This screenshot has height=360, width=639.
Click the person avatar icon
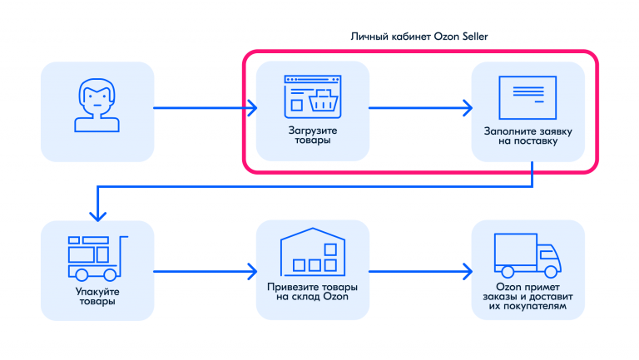pyautogui.click(x=97, y=105)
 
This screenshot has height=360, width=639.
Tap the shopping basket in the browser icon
pyautogui.click(x=324, y=100)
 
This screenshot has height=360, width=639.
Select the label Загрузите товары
pyautogui.click(x=313, y=136)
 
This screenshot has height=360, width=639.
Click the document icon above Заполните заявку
pyautogui.click(x=528, y=97)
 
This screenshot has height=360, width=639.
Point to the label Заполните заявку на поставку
pyautogui.click(x=528, y=136)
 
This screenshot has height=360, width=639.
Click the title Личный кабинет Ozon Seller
pyautogui.click(x=419, y=37)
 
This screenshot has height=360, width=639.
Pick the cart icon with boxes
pyautogui.click(x=98, y=259)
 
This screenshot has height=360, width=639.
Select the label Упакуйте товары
pyautogui.click(x=97, y=296)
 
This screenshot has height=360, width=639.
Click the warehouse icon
pyautogui.click(x=313, y=252)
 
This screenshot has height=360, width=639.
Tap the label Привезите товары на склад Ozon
pyautogui.click(x=313, y=292)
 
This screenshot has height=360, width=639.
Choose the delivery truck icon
pyautogui.click(x=528, y=255)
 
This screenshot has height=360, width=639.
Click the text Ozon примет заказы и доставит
pyautogui.click(x=528, y=292)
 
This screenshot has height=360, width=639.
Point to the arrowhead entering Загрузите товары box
pyautogui.click(x=253, y=108)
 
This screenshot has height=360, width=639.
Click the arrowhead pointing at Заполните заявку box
pyautogui.click(x=468, y=108)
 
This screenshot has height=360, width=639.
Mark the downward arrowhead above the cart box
pyautogui.click(x=98, y=216)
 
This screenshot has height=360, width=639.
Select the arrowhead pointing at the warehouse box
pyautogui.click(x=253, y=271)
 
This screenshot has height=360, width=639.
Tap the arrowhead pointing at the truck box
pyautogui.click(x=468, y=271)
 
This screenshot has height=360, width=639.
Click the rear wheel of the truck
pyautogui.click(x=508, y=272)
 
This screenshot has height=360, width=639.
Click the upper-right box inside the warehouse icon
pyautogui.click(x=330, y=249)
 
